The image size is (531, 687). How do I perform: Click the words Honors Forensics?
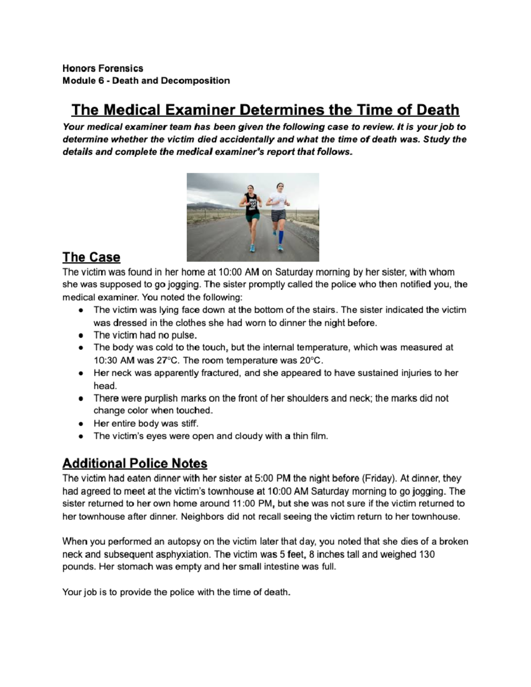(103, 68)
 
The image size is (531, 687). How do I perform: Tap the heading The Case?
(91, 257)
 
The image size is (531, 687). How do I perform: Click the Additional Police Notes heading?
(135, 463)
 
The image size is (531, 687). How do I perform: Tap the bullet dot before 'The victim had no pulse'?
(81, 335)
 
